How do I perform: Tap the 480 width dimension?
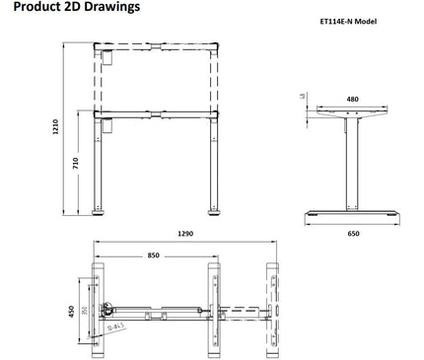click(352, 100)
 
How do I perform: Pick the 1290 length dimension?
click(184, 234)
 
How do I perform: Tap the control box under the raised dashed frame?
click(107, 59)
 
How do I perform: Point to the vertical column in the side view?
click(351, 163)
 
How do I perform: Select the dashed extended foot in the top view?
click(274, 310)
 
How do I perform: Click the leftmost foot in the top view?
click(99, 310)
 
